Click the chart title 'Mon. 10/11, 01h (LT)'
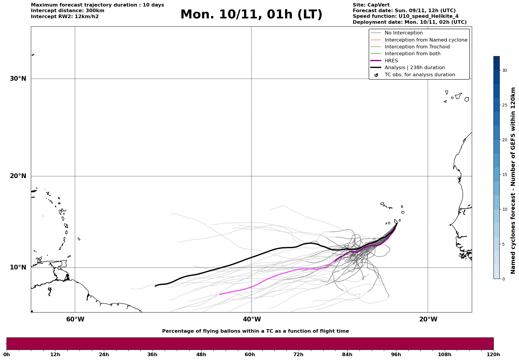coord(251,15)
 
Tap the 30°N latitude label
coord(18,79)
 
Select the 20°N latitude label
coord(18,176)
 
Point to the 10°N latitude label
coord(18,267)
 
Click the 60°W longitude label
coord(75,319)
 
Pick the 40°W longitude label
coord(252,319)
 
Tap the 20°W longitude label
coord(428,319)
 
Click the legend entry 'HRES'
coord(391,61)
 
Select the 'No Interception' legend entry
coord(404,33)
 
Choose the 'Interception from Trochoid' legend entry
coord(417,47)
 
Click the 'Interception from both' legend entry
coord(412,54)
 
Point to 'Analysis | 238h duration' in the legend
coord(414,68)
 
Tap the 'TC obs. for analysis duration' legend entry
coord(420,75)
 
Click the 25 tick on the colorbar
coord(504,105)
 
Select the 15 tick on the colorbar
coord(504,175)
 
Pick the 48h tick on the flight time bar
coord(201,354)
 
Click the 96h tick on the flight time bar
coord(396,354)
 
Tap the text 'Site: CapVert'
coord(371,5)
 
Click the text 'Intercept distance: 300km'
coord(67,11)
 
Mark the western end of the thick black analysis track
coord(155,286)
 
